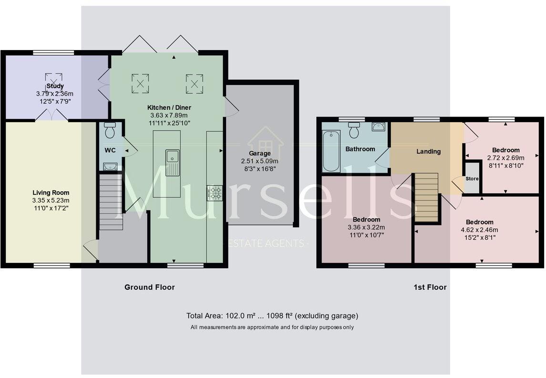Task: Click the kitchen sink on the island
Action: (173, 162)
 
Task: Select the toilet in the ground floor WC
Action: (110, 130)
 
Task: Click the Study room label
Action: (55, 86)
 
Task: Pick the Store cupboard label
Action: (472, 178)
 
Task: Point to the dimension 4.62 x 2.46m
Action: (479, 230)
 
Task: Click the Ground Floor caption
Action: (149, 287)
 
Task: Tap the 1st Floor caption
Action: (430, 287)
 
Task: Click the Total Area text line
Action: (272, 315)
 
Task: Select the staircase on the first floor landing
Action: (426, 197)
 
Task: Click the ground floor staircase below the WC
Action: (111, 202)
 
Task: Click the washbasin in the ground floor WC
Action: (110, 166)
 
